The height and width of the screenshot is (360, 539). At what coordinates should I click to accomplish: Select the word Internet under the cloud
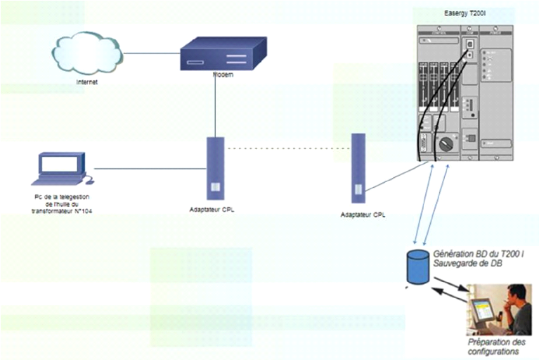pos(87,82)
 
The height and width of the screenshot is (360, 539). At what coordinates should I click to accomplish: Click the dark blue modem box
pos(222,54)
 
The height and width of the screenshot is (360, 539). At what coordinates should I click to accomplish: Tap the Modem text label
pos(223,74)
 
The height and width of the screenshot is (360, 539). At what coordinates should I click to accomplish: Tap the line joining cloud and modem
pos(152,53)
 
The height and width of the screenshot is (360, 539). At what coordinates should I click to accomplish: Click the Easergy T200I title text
pos(470,13)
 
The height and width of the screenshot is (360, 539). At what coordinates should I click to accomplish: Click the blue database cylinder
pos(417,266)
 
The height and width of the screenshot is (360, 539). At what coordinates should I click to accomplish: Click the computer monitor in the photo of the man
pos(483,310)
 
